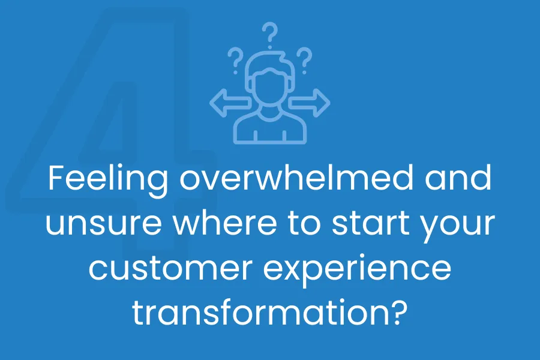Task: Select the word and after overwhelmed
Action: [x=458, y=178]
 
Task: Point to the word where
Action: [x=225, y=223]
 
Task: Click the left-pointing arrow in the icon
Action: [x=229, y=103]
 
